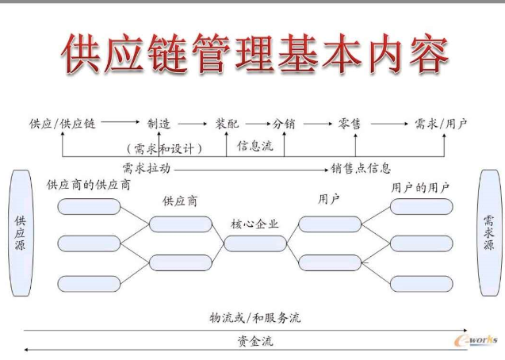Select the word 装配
227,124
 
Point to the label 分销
284,124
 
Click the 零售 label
350,124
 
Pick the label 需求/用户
441,124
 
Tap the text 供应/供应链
62,124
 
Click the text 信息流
254,146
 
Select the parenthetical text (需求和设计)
164,147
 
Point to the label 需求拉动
146,168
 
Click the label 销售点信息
361,168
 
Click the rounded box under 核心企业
254,243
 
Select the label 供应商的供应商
89,186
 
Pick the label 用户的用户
420,188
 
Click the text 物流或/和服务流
255,318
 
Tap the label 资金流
255,342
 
